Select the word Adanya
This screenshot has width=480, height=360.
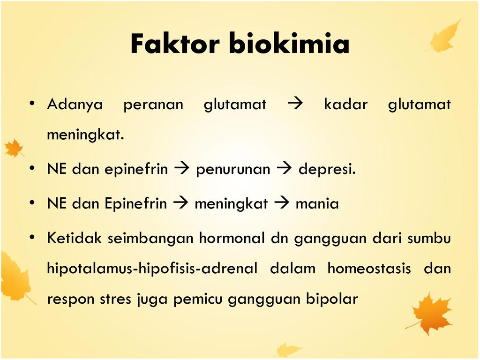75,105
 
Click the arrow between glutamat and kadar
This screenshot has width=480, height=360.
295,104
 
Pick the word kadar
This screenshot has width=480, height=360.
345,104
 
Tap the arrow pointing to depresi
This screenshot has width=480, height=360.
284,168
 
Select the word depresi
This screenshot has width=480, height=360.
327,169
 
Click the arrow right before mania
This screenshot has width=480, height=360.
282,202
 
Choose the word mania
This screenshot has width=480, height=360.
317,203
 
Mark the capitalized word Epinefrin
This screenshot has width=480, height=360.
135,203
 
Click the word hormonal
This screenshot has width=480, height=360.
232,238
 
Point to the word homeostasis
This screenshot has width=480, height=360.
369,269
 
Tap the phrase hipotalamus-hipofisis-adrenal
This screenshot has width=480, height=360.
152,269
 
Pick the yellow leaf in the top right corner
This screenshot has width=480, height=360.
444,36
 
